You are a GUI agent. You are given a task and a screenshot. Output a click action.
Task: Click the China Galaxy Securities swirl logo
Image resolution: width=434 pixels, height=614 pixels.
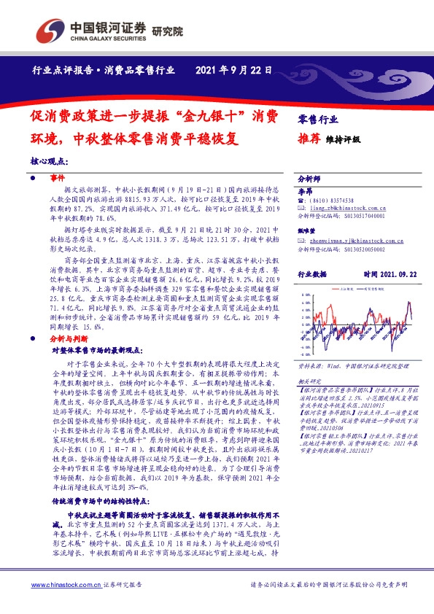52,31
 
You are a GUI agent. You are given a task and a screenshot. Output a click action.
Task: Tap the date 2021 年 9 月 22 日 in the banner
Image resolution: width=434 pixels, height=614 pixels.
235,71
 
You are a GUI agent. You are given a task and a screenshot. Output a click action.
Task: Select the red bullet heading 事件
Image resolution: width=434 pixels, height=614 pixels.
57,178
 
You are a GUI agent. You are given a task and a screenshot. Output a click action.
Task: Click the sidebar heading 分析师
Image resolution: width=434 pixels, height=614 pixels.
310,178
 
